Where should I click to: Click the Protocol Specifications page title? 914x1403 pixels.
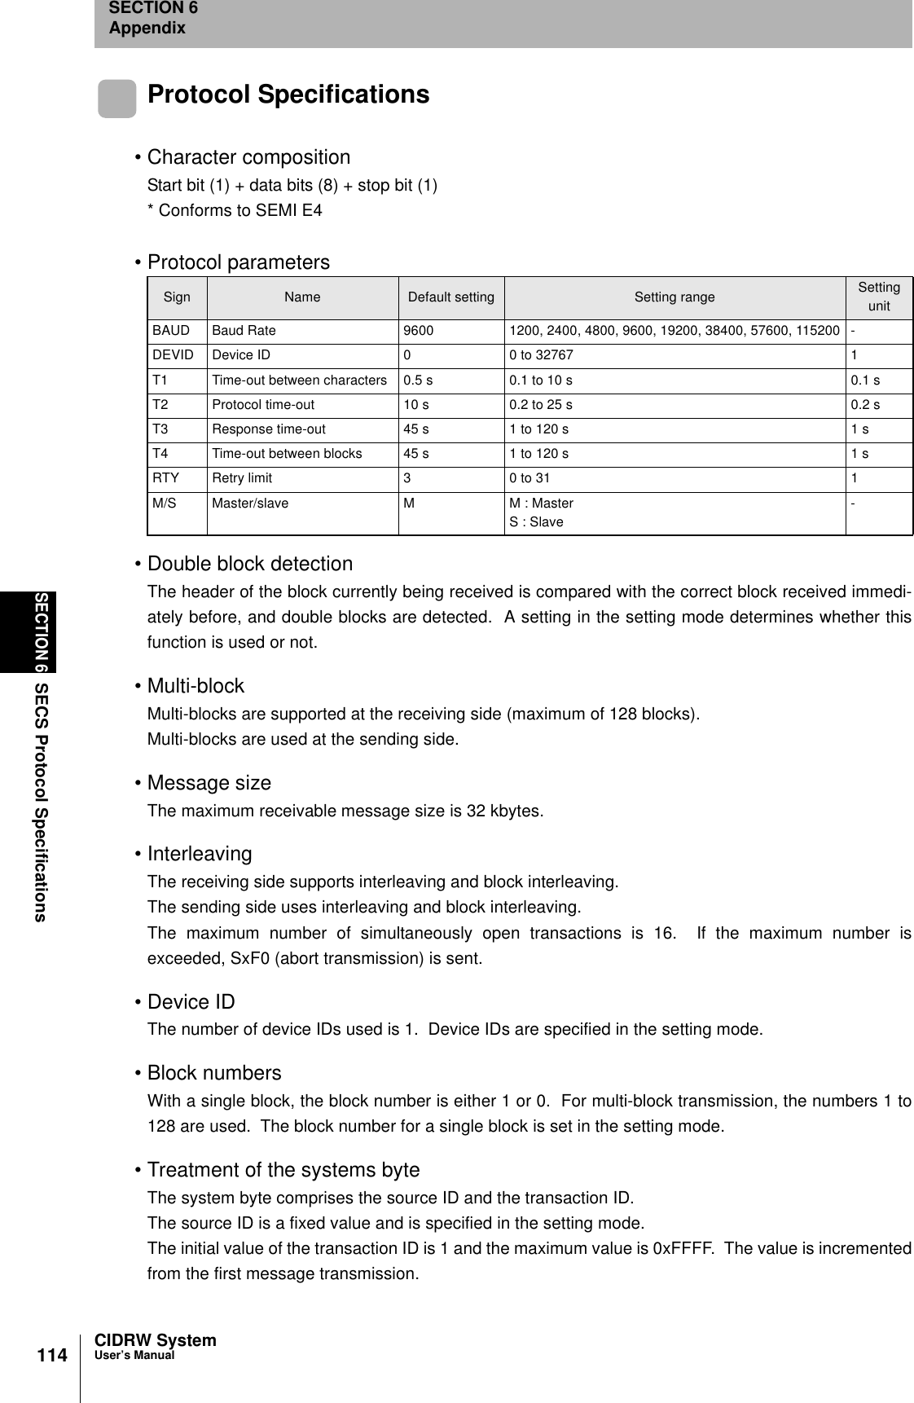288,95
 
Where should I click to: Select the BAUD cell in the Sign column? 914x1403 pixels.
171,331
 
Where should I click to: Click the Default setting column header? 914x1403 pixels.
450,297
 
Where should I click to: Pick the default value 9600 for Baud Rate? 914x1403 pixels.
419,331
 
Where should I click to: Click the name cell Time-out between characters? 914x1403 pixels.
299,380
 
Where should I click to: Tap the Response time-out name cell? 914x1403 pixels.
269,429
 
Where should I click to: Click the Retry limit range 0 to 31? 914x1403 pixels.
530,477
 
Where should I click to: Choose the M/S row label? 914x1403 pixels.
165,504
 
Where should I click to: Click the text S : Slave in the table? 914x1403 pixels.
536,521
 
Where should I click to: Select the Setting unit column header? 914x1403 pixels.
878,297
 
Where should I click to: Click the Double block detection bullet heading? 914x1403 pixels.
249,564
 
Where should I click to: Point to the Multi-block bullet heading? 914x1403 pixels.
196,686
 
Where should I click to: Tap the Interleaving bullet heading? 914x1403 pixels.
200,854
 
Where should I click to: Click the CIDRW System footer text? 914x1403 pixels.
156,1340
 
